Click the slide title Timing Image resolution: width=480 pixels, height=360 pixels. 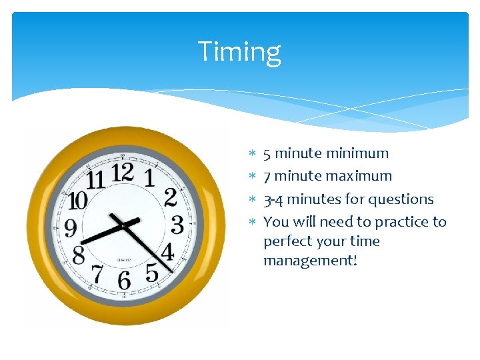pyautogui.click(x=239, y=51)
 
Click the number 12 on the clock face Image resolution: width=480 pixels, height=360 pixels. pyautogui.click(x=123, y=173)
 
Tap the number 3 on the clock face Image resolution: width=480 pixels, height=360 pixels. pyautogui.click(x=177, y=225)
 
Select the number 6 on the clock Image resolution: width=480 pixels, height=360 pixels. pyautogui.click(x=124, y=281)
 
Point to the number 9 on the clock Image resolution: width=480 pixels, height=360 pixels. pyautogui.click(x=69, y=229)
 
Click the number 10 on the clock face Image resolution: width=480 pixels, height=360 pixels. pyautogui.click(x=77, y=201)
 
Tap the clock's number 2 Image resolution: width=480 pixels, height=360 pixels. pyautogui.click(x=171, y=197)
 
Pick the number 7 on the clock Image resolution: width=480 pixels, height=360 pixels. pyautogui.click(x=97, y=273)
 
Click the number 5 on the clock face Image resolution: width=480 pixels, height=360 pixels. pyautogui.click(x=152, y=273)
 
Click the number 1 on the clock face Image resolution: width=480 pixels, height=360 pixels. pyautogui.click(x=149, y=178)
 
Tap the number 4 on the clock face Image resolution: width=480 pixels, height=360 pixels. pyautogui.click(x=167, y=252)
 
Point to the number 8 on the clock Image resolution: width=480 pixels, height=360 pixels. pyautogui.click(x=79, y=255)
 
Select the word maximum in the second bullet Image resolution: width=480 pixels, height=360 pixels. pyautogui.click(x=361, y=176)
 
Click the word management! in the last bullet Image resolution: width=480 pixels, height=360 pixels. pyautogui.click(x=310, y=260)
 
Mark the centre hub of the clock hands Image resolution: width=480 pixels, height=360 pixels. pyautogui.click(x=123, y=225)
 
